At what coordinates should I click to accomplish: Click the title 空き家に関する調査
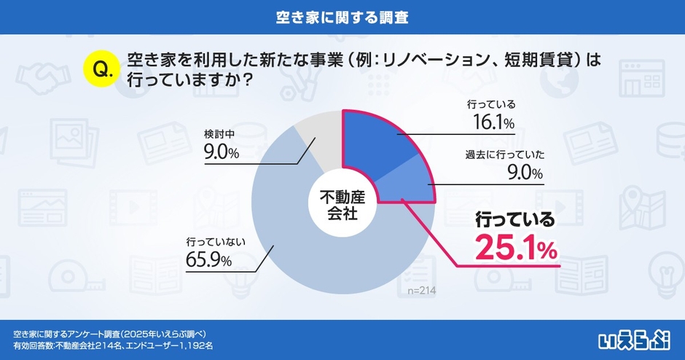click(x=342, y=15)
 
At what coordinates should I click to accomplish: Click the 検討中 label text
click(x=219, y=134)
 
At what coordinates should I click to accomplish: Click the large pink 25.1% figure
click(x=516, y=249)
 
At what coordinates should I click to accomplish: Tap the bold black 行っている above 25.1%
click(x=514, y=219)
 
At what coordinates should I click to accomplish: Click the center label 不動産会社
click(x=342, y=204)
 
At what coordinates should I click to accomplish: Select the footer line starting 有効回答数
click(x=113, y=345)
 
